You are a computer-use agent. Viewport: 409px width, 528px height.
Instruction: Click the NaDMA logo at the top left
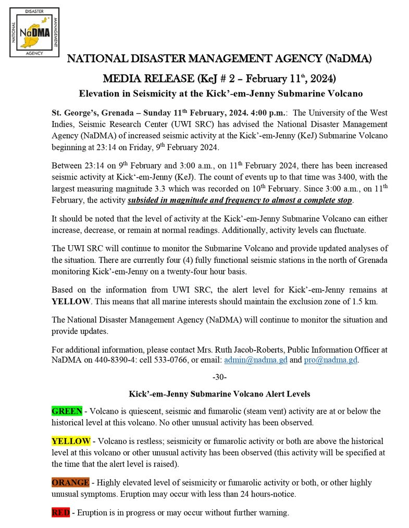[x=34, y=32]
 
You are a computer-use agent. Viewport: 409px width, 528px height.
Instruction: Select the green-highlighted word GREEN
[x=67, y=411]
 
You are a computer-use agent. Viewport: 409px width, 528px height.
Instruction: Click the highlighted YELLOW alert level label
[x=71, y=441]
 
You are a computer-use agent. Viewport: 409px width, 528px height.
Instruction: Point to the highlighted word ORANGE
[x=70, y=482]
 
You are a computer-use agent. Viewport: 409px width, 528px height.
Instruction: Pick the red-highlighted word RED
[x=60, y=512]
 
